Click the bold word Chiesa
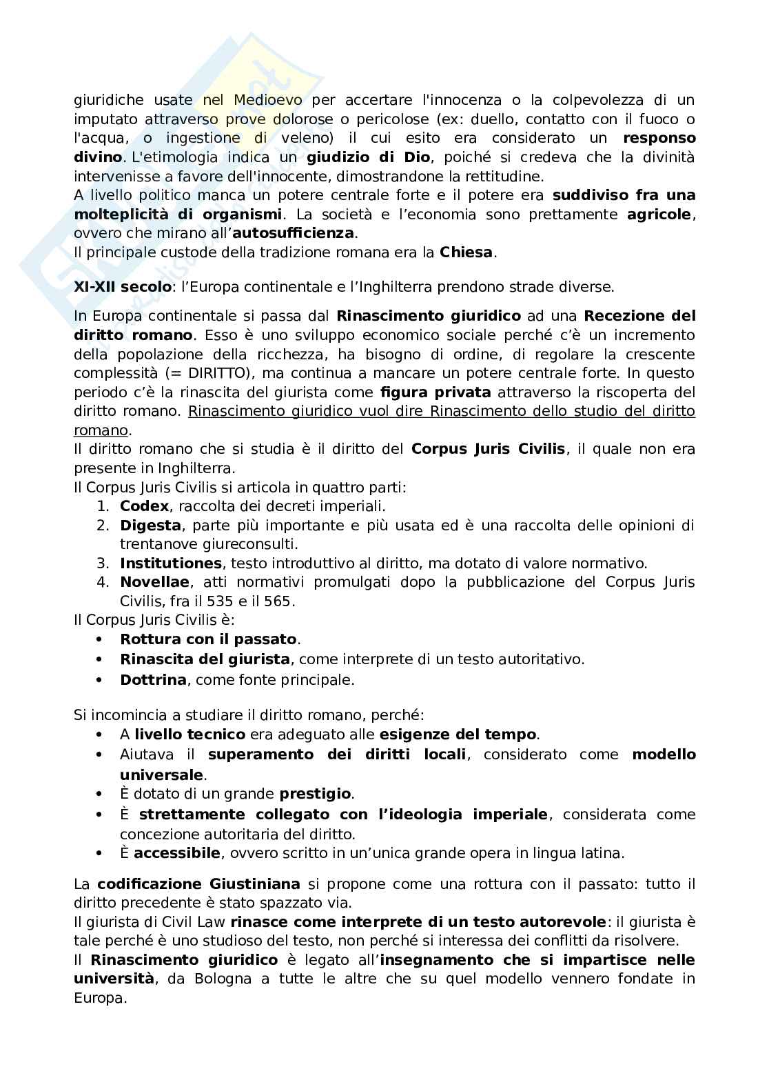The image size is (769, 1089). click(x=466, y=252)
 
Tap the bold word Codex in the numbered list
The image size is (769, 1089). click(x=144, y=506)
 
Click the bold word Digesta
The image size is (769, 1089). click(x=150, y=526)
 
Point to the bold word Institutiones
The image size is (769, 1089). click(x=170, y=563)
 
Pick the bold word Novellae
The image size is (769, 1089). click(x=154, y=582)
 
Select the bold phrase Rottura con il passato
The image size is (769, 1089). click(x=208, y=639)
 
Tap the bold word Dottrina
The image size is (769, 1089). click(x=153, y=680)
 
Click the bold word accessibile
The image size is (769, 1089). click(x=177, y=853)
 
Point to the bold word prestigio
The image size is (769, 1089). click(x=316, y=794)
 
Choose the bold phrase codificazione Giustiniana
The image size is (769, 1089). click(x=198, y=884)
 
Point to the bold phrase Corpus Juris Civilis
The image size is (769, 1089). click(x=488, y=450)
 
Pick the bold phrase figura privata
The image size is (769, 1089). click(x=435, y=392)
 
